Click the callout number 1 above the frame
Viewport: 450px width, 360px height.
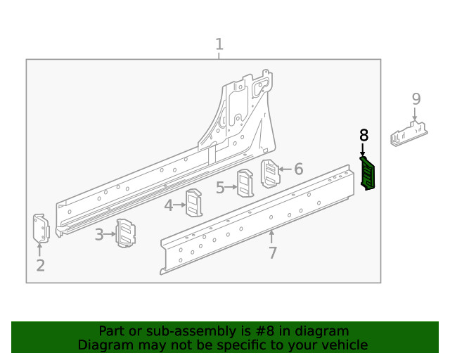219,45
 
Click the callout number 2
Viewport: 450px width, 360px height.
40,265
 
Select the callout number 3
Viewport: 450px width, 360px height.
99,234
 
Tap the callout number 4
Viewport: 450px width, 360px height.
169,205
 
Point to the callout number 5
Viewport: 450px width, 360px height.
220,188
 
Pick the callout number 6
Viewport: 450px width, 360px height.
298,169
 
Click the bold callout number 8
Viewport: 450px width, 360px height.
364,135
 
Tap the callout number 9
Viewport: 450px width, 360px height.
416,98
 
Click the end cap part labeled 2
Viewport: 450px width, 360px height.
40,229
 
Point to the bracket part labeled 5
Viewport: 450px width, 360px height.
245,184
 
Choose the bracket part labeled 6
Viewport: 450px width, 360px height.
270,174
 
